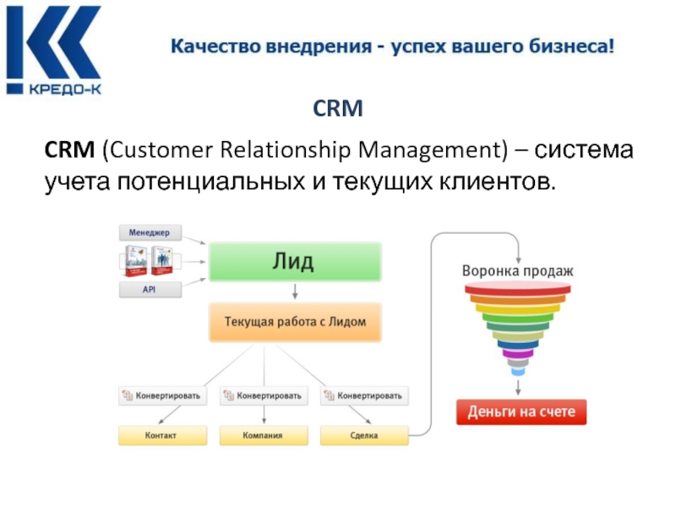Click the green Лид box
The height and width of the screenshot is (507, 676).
coord(295,261)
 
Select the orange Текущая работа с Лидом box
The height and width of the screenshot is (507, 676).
coord(295,322)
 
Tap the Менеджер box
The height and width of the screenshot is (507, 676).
coord(150,232)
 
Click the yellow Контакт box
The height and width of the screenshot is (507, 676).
coord(161,436)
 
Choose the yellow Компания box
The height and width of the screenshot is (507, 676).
coord(263,436)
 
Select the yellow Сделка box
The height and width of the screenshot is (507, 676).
coord(363,436)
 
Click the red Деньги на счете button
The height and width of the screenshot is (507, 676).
coord(521,412)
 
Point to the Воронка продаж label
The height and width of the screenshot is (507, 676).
coord(518,271)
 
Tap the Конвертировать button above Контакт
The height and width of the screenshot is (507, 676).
coord(161,395)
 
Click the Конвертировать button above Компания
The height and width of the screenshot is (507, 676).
coord(263,395)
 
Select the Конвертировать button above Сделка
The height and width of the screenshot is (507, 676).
coord(364,395)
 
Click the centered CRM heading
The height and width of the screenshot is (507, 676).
coord(338,109)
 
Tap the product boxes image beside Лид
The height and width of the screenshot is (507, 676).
coord(149,261)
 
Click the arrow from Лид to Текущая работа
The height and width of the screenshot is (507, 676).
coord(295,292)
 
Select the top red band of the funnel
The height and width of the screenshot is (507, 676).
coord(518,289)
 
